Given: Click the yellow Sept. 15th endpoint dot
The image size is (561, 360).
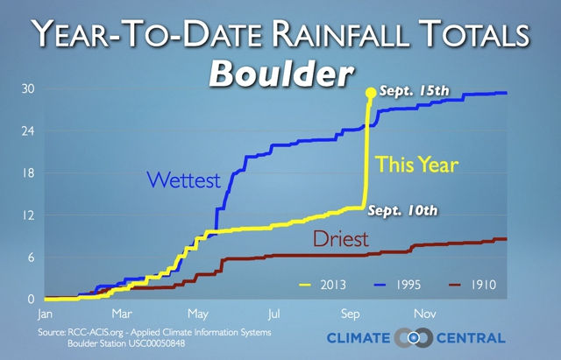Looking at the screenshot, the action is pos(371,93).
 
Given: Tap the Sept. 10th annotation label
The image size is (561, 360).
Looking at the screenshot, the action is pos(403,210).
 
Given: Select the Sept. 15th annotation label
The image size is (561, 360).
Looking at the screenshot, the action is pos(415,90).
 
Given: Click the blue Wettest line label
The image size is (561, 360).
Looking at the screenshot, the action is pos(183,180).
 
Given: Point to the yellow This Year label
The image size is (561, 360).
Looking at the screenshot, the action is pos(417,165).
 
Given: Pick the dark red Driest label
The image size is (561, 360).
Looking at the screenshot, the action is pos(341,238).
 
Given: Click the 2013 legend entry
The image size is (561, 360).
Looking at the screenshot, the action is pos(323,285).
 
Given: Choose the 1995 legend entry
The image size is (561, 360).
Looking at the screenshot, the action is pos(397,285).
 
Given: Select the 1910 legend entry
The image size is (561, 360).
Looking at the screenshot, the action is pos(472,285).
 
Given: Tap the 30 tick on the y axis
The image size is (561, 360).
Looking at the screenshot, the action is pos(28,88).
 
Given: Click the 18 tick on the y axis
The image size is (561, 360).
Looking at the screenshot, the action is pos(28,173).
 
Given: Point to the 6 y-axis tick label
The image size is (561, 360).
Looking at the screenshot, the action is pos(32,258).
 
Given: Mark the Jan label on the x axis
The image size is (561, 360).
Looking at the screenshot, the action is pos(45,314).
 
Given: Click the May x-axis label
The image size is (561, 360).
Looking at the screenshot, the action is pos(198,314).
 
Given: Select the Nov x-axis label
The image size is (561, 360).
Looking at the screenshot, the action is pos(425,314).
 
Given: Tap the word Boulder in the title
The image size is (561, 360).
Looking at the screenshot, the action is pos(281,74).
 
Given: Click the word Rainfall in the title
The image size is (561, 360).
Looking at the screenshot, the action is pos(340,33).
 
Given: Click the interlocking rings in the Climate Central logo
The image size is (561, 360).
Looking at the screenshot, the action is pos(413,337).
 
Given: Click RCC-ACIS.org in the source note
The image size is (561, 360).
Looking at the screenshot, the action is pos(96,333).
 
